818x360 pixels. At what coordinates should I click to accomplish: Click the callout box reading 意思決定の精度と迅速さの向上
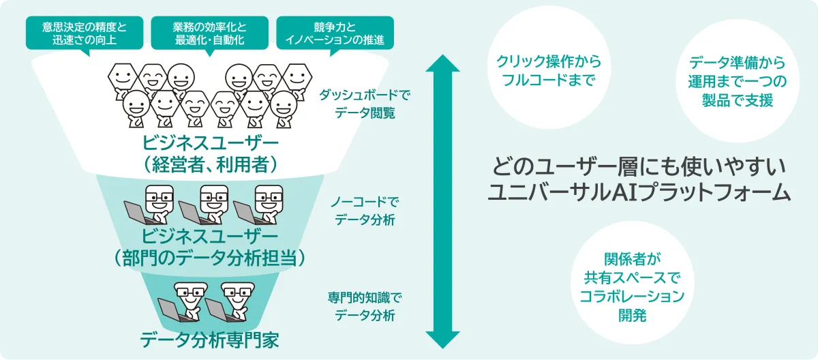tap(85, 33)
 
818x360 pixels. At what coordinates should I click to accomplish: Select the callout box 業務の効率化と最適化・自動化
tap(210, 33)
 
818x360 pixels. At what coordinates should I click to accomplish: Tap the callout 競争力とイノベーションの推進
tap(335, 33)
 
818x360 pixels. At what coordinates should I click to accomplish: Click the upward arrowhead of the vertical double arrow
tap(442, 63)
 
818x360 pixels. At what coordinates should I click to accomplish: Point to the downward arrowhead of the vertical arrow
tap(442, 340)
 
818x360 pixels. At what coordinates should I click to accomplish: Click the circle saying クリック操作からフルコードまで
tap(549, 67)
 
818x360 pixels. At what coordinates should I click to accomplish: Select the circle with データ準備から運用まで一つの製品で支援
tap(738, 81)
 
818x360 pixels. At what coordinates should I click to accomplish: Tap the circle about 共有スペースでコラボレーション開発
tap(632, 282)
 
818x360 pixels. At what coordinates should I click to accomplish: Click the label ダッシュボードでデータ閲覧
tap(365, 104)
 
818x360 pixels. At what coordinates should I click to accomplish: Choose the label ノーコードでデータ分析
tap(365, 211)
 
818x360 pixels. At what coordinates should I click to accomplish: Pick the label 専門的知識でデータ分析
tap(365, 306)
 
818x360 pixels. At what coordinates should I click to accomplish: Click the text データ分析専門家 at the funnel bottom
tap(209, 340)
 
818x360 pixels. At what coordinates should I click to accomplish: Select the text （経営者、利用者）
tap(210, 165)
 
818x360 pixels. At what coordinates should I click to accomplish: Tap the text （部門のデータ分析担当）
tap(209, 258)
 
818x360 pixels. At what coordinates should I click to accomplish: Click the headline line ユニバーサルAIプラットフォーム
tap(639, 192)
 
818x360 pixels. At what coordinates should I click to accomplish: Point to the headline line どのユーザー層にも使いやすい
tap(639, 166)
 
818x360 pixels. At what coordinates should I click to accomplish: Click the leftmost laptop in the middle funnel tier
tap(137, 213)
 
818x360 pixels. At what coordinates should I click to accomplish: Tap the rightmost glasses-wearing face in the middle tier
tap(269, 198)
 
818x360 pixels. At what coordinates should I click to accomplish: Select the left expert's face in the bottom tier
tap(191, 295)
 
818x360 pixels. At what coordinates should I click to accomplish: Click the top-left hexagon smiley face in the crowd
tap(123, 76)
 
